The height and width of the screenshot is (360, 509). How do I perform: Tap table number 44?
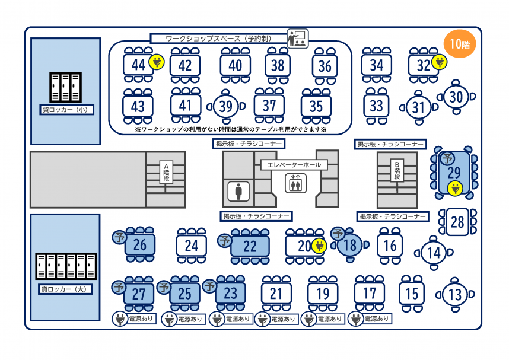pyautogui.click(x=138, y=65)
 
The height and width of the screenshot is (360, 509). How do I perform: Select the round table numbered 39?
pyautogui.click(x=225, y=107)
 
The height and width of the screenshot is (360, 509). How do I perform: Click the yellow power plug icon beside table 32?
pyautogui.click(x=439, y=62)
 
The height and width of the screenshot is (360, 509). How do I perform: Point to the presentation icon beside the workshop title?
pyautogui.click(x=297, y=38)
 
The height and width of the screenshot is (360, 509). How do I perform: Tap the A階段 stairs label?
pyautogui.click(x=167, y=171)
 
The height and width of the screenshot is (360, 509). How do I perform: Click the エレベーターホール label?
pyautogui.click(x=294, y=164)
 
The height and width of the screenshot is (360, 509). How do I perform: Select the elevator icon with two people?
pyautogui.click(x=295, y=183)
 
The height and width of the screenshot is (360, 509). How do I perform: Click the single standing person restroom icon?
pyautogui.click(x=238, y=191)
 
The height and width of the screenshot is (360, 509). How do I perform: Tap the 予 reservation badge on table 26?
pyautogui.click(x=119, y=237)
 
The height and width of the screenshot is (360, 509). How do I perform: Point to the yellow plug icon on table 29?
pyautogui.click(x=455, y=189)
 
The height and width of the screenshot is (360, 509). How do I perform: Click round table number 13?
pyautogui.click(x=455, y=294)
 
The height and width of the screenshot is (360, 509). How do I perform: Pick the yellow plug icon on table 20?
pyautogui.click(x=319, y=245)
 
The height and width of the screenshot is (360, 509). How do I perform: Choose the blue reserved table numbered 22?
pyautogui.click(x=250, y=245)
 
